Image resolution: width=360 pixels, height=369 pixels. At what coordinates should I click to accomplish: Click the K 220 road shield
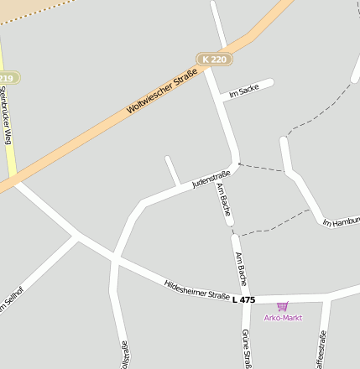(215, 59)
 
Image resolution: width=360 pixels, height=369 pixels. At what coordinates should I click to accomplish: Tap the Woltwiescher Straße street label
(162, 93)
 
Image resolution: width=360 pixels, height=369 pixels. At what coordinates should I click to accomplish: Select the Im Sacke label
(243, 91)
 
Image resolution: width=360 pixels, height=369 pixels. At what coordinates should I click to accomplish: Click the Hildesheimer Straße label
(196, 290)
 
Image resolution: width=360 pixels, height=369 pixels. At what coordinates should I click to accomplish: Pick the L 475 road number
(243, 299)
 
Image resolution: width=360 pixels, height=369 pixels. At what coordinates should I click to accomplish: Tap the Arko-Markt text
(283, 317)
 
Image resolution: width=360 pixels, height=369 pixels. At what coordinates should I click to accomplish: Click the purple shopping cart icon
(282, 306)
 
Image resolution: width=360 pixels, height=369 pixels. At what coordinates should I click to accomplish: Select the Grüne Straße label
(246, 349)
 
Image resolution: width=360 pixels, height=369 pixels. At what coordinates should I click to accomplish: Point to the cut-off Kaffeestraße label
(321, 351)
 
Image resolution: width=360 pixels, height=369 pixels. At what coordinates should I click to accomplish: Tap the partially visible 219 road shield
(7, 78)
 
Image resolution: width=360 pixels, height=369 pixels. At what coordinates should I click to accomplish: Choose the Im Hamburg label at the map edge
(342, 221)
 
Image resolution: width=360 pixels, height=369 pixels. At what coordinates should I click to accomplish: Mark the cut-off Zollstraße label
(124, 355)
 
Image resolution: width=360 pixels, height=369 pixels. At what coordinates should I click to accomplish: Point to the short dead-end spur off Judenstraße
(172, 170)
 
